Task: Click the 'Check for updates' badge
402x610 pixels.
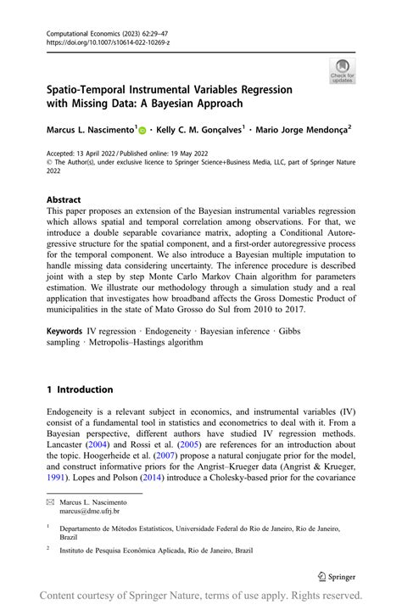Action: tap(342, 70)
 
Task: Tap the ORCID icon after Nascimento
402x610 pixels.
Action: tap(142, 130)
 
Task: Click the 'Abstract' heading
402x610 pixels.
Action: tap(64, 200)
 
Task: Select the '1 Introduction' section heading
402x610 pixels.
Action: tap(80, 389)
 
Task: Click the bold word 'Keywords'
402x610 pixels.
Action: tap(65, 330)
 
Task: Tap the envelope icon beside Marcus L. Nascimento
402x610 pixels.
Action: tap(50, 502)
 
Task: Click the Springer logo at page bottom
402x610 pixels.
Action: tap(337, 577)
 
